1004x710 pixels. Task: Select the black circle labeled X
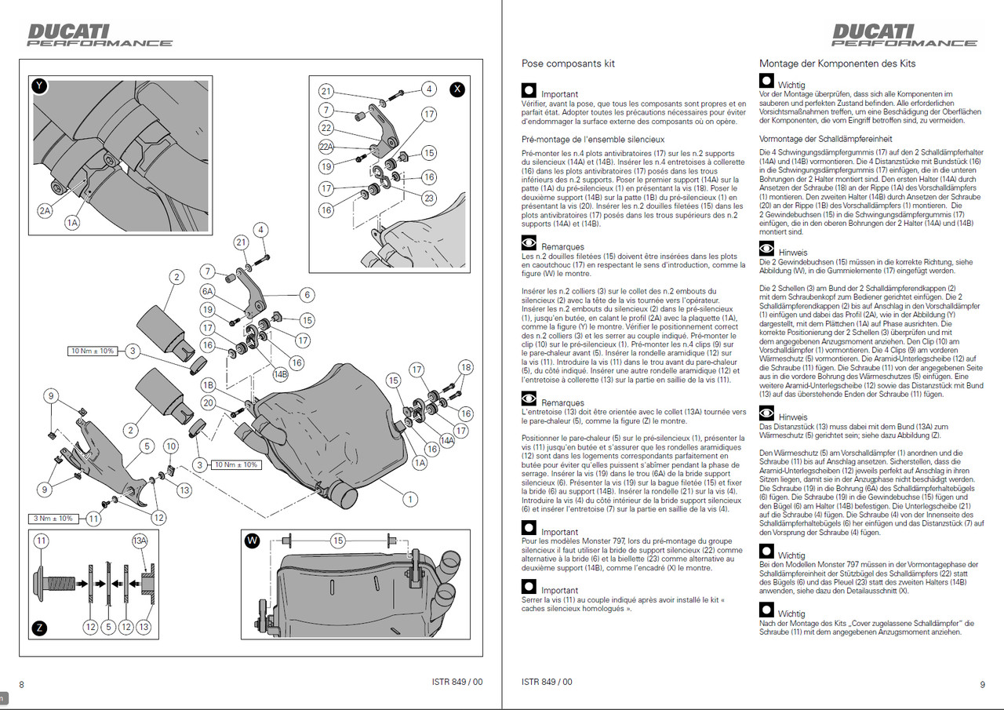457,89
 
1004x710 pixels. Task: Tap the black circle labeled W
252,541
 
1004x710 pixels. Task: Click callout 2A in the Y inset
45,209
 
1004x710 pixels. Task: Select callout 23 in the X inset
429,198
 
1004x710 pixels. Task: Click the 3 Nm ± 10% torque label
53,518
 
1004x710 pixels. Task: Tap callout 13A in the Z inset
139,541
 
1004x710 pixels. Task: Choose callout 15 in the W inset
337,541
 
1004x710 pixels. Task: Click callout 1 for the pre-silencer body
409,497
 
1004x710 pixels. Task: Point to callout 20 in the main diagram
209,402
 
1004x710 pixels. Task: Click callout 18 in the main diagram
466,367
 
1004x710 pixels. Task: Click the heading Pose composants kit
568,64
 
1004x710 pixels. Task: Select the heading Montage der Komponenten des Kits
837,64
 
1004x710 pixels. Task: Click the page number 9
982,684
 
